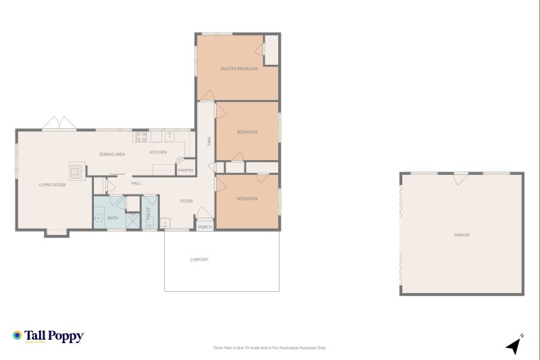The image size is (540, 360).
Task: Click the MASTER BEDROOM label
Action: pos(239,69)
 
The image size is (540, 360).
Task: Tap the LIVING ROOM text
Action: pos(52,184)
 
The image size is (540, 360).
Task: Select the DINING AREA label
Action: pos(112,155)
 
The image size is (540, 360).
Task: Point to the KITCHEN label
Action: pos(158,152)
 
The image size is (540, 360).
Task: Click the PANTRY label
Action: pos(186,171)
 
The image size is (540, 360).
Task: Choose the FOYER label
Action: pos(186,201)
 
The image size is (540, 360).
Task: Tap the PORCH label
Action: pos(205,227)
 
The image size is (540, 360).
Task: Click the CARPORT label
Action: pos(199,259)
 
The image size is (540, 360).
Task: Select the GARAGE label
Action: pos(462,235)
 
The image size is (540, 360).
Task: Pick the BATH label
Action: pos(113,217)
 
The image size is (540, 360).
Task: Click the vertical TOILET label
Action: pos(148,213)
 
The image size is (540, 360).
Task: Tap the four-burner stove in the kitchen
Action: pos(142,136)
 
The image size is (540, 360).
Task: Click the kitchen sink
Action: pos(169,136)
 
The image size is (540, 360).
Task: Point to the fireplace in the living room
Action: pos(78,170)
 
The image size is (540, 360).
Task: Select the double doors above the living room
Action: pos(59,124)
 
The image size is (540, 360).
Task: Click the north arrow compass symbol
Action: pos(515,346)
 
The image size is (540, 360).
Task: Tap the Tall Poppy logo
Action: pos(48,336)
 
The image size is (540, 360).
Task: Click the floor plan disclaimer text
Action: pos(269,348)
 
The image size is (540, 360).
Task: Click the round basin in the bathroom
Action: pos(98,218)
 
